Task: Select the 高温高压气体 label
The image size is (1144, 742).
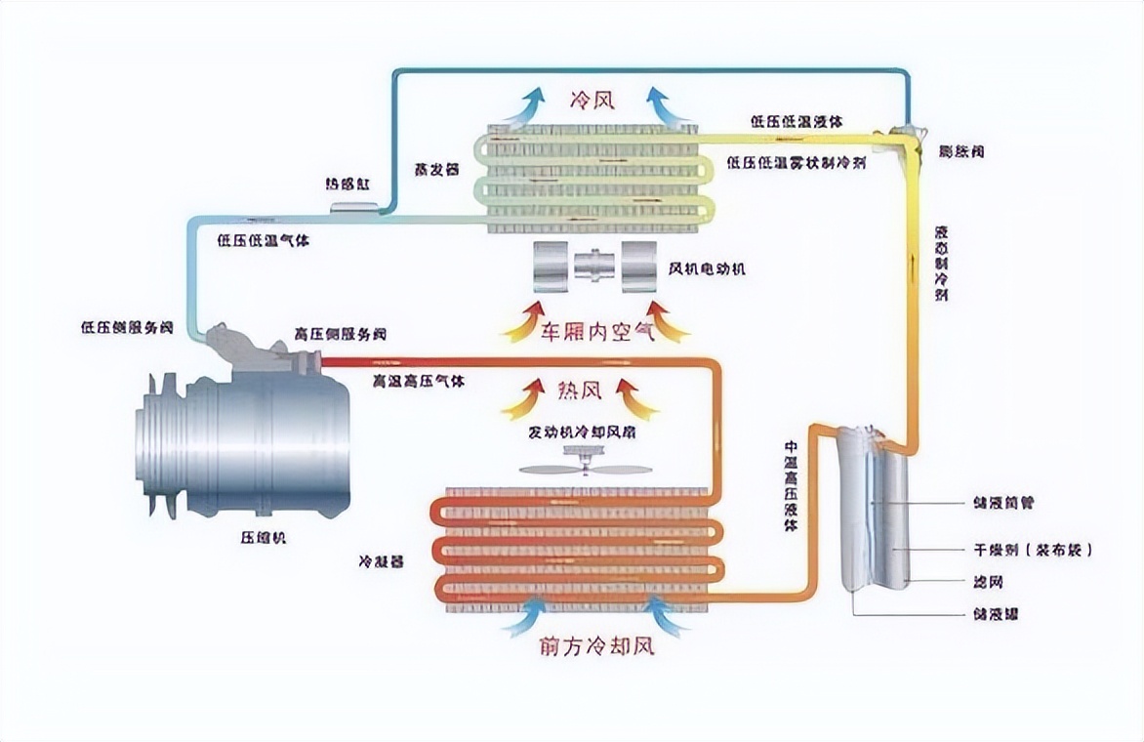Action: pos(418,381)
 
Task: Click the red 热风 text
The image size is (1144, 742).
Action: pos(578,392)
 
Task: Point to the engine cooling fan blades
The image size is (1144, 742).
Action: pos(585,469)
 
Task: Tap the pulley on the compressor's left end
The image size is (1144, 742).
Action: pos(156,444)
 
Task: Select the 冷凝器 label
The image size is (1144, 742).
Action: pos(382,561)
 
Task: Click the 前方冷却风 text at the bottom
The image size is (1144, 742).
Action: pos(594,645)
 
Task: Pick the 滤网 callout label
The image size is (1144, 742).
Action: pos(988,583)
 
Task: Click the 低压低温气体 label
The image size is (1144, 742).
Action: pos(265,240)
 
